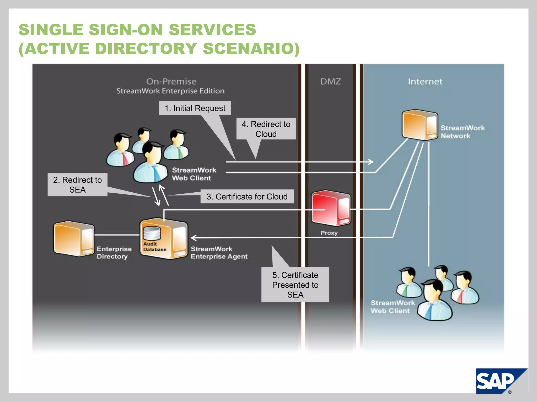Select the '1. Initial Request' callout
point(195,108)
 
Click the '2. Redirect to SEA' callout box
point(77,185)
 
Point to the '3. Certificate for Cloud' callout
point(247,197)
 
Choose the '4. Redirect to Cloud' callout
point(266,129)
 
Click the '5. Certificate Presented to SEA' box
point(295,285)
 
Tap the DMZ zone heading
point(330,81)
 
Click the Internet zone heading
point(425,81)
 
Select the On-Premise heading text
point(171,81)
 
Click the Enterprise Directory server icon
point(74,239)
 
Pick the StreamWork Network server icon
point(420,125)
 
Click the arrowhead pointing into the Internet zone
point(371,162)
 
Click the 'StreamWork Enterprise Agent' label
point(219,253)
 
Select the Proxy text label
point(329,233)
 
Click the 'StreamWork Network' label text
point(463,132)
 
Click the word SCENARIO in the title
point(250,49)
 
